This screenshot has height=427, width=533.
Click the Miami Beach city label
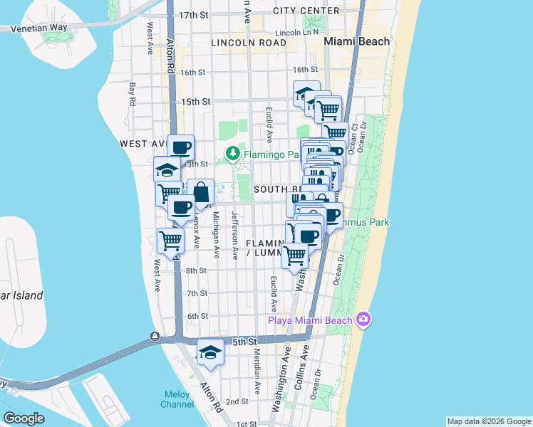357,41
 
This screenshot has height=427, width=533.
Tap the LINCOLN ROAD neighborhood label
247,43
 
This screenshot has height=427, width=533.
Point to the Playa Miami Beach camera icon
364,319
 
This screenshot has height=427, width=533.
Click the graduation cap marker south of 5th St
209,352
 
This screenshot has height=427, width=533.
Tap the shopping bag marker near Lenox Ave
201,192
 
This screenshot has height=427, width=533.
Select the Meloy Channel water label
177,399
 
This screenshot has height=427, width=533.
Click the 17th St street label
193,15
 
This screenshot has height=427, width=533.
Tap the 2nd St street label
238,401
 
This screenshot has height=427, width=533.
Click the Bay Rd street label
132,94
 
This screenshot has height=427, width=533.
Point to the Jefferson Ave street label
234,234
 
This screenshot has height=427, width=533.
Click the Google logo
24,418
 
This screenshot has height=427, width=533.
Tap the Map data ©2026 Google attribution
488,421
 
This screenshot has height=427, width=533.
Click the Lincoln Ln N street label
296,33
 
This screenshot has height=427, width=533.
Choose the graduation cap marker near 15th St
306,94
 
